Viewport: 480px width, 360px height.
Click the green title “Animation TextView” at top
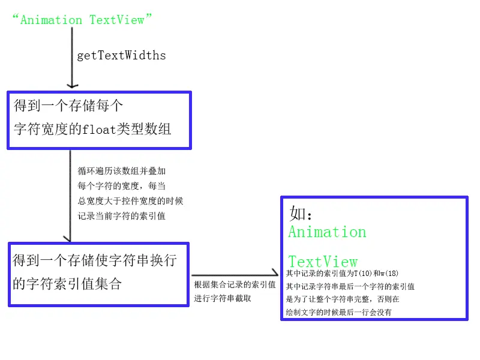click(x=83, y=20)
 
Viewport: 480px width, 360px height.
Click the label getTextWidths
click(x=121, y=56)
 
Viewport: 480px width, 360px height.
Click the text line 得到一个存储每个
click(x=68, y=107)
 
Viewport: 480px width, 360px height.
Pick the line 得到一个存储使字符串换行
click(x=95, y=261)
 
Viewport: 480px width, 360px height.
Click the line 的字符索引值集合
click(x=67, y=283)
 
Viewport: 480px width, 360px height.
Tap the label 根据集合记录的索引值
click(x=235, y=284)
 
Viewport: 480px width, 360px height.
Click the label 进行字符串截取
click(x=222, y=298)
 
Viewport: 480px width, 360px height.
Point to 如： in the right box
click(x=302, y=214)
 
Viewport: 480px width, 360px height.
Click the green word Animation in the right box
click(x=327, y=232)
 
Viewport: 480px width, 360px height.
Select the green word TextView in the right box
click(x=323, y=262)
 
